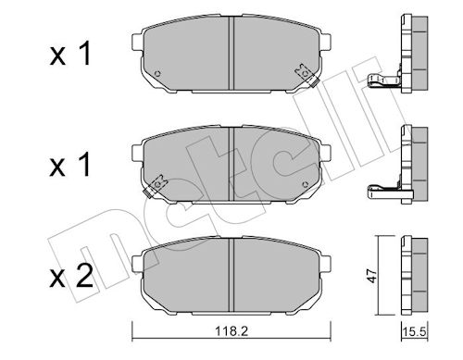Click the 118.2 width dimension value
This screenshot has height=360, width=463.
231,331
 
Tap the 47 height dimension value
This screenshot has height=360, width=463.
373,276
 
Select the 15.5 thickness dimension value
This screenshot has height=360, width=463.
414,332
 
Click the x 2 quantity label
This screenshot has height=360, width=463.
71,277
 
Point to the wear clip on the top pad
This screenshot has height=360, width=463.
307,75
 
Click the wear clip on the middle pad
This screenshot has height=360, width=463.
156,186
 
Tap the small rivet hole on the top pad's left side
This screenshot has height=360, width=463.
157,74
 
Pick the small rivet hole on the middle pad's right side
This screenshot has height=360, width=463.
306,184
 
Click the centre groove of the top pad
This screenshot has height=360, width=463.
231,53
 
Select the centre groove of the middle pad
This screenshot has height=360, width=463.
231,164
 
